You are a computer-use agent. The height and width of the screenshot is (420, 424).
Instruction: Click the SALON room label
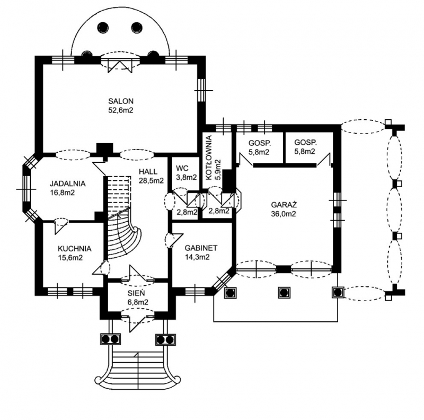pos(121,101)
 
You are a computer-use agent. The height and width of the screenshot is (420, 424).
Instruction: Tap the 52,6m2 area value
pos(121,111)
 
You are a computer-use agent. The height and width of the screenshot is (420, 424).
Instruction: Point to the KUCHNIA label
pos(75,248)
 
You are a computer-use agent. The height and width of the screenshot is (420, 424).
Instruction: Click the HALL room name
pos(148,171)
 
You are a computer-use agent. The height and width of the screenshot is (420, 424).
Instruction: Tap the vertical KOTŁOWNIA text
pos(209,157)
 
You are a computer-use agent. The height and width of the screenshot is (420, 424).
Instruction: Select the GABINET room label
pos(201,248)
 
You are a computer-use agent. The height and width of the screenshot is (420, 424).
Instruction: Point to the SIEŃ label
pos(137,292)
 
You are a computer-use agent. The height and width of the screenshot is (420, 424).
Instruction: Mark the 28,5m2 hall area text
pos(151,180)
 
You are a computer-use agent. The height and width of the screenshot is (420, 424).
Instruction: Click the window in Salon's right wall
pos(201,91)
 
